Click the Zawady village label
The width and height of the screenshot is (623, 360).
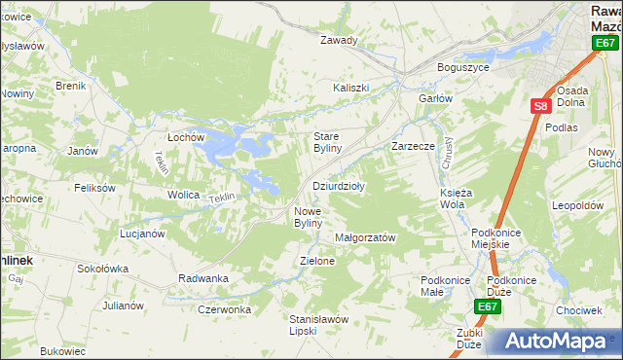coord(340,41)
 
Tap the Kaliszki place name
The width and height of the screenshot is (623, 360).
coord(351,88)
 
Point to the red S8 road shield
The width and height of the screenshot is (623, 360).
coord(541,106)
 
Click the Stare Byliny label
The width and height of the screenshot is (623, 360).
coord(326,142)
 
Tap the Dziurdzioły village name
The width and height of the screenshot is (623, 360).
coord(338,186)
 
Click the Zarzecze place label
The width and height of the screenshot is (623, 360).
coord(412,145)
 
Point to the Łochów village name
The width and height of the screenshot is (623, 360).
coord(185,137)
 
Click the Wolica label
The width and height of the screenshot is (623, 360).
coord(183,196)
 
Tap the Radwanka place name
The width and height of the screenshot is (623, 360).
coord(203,278)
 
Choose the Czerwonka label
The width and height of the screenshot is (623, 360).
coord(224,309)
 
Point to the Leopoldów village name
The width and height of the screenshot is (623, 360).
coord(577,206)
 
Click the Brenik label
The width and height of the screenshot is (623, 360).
coord(71,86)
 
